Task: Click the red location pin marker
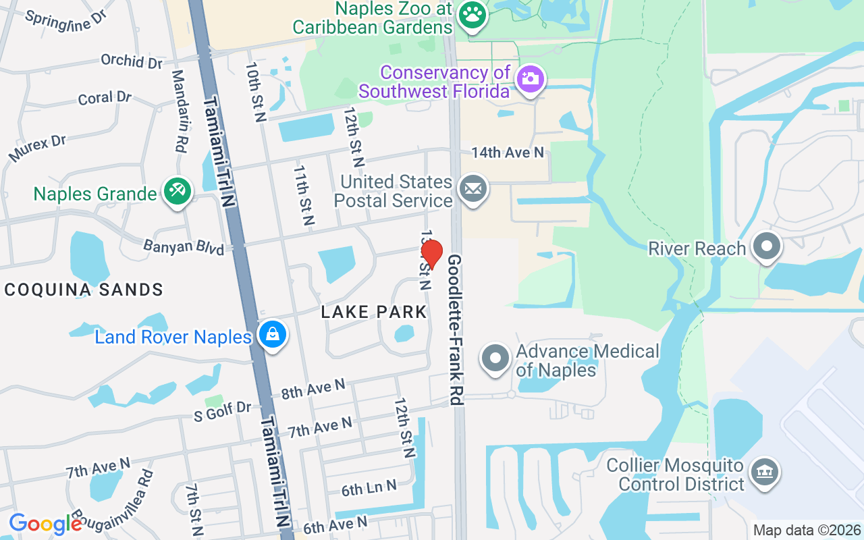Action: click(431, 254)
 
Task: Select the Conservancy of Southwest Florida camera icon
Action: click(531, 78)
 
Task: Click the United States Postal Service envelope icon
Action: click(473, 190)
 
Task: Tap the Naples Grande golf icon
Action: click(178, 192)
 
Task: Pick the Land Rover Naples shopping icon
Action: click(272, 335)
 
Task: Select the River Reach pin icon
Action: click(766, 247)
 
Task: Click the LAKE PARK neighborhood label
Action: click(374, 312)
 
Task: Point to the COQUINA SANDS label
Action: click(84, 290)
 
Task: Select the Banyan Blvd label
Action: click(184, 246)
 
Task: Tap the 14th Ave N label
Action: click(508, 153)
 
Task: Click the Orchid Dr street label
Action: click(132, 61)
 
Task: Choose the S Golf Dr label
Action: click(222, 410)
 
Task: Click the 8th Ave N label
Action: click(313, 388)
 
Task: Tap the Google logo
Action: click(45, 523)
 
